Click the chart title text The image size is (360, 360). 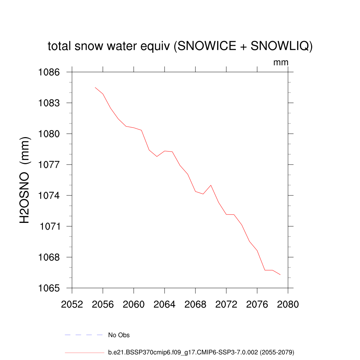coord(180,46)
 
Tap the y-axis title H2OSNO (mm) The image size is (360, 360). coord(25,180)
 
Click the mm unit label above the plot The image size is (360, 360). coord(281,63)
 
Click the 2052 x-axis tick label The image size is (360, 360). coord(72,304)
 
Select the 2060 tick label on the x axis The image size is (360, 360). coord(134,304)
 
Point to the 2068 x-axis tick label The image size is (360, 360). coord(195,304)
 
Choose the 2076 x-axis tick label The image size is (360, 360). coord(257,304)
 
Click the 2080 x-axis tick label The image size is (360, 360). coord(288,304)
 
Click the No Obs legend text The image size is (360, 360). coord(119,335)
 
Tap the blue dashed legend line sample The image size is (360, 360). coord(83,335)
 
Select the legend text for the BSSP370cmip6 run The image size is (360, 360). coord(201,352)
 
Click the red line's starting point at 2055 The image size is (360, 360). coord(95,88)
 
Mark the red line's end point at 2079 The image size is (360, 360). coord(280,275)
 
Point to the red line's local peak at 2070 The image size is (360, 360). coord(211,185)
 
